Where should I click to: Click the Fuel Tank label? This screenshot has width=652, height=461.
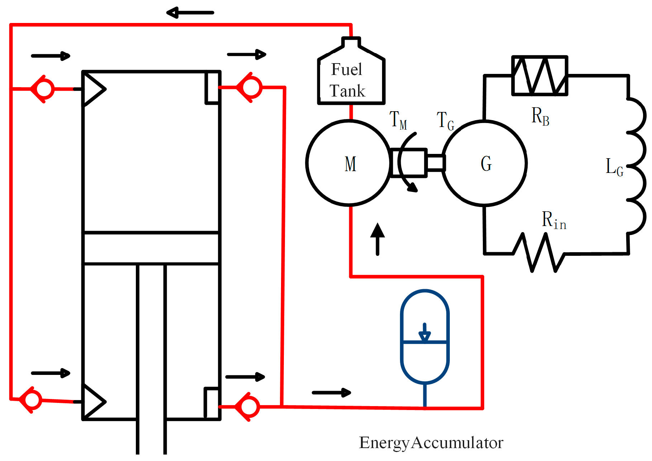[x=347, y=80]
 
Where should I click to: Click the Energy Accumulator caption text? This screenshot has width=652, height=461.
[x=431, y=443]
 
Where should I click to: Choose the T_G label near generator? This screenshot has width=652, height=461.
[x=446, y=121]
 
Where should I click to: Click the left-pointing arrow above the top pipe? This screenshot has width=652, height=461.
[x=190, y=13]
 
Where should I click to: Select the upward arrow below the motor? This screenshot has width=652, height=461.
[x=377, y=239]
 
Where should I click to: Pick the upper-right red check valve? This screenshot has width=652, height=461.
[x=250, y=87]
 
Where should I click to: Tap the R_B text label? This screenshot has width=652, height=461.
[x=540, y=116]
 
